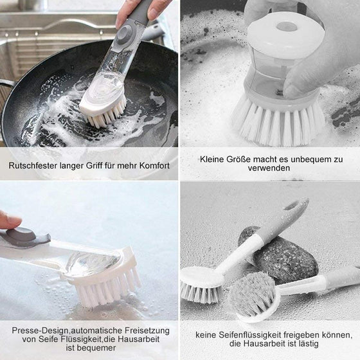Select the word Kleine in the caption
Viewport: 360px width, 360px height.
[x=212, y=159]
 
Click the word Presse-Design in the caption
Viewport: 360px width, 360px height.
[x=39, y=330]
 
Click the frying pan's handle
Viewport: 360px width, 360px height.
[x=6, y=84]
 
